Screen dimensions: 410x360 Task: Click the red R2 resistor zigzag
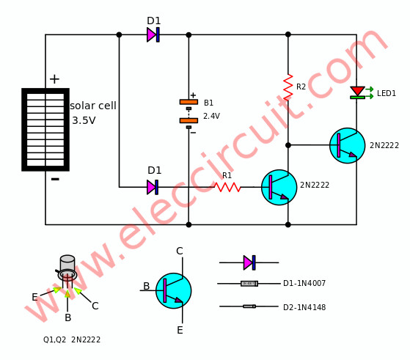coord(288,87)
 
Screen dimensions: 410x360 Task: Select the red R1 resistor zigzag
coord(227,187)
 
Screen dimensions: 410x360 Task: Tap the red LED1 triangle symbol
coord(357,91)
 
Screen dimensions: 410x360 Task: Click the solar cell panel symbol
coord(45,130)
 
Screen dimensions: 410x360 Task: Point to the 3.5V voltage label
coord(84,120)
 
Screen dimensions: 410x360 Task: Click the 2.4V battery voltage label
coord(211,116)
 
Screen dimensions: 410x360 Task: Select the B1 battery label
coord(208,103)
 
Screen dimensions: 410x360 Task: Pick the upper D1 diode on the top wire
coord(153,34)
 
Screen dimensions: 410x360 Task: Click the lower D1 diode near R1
coord(153,187)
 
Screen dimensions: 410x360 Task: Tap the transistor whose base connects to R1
coord(279,187)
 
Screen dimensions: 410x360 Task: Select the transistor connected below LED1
coord(347,145)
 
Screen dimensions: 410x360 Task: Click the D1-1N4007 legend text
coord(304,283)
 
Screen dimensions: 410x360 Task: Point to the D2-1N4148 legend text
coord(304,307)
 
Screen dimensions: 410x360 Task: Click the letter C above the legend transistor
coord(180,251)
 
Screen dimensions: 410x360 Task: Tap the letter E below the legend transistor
coord(180,330)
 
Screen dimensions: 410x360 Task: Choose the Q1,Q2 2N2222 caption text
coord(72,339)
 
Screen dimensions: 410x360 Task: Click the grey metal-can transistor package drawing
coord(67,268)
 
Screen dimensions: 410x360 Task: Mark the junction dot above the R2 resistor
coord(288,34)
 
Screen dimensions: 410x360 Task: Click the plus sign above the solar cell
coord(54,79)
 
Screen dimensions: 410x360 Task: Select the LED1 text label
coord(387,93)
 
